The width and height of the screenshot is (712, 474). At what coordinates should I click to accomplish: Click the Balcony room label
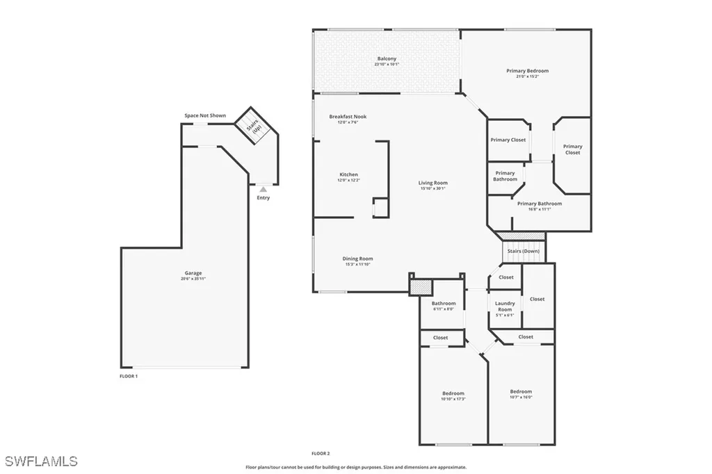pos(387,59)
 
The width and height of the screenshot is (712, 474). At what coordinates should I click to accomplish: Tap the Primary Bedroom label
pos(527,71)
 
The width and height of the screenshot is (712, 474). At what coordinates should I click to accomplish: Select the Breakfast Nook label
pos(348,117)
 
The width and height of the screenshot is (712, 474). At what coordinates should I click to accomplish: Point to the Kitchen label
pos(348,174)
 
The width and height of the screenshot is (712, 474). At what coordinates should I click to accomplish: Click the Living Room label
pos(433,183)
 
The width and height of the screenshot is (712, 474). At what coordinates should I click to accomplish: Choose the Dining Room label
pos(357,259)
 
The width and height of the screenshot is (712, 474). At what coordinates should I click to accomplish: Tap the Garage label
pos(193,273)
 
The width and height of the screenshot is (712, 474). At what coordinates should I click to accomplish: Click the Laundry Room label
pos(505,306)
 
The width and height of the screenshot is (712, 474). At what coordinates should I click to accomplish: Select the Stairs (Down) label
pos(524,251)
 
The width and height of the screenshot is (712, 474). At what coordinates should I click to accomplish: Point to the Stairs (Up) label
pos(254,126)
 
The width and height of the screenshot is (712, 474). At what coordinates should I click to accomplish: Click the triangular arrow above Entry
pos(263,188)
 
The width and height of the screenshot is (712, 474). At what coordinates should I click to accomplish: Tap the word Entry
pos(263,198)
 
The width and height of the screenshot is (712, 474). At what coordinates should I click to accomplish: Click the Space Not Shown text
pos(205,115)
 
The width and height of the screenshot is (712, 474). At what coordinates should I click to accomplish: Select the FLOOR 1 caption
pos(129,376)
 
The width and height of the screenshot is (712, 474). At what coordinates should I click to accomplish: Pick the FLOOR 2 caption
pos(321,453)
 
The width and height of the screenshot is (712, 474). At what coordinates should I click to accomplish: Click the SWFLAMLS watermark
pos(42,461)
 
